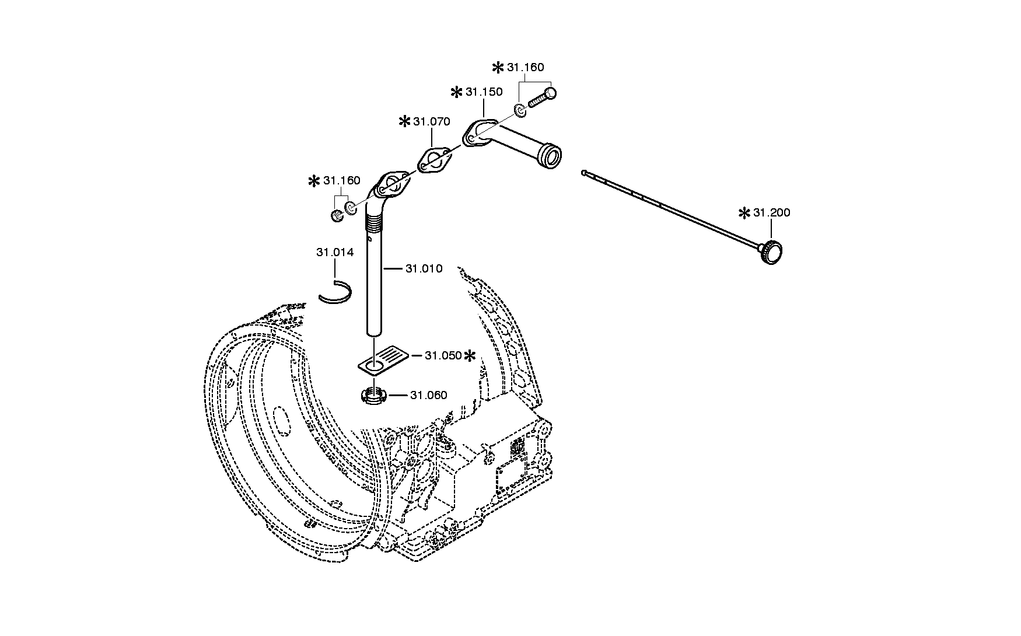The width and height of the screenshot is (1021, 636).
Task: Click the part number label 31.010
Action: click(x=424, y=269)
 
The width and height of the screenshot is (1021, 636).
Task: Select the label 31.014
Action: click(x=335, y=253)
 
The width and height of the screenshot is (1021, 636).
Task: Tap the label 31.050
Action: click(x=443, y=355)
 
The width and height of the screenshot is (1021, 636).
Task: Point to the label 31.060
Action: click(x=428, y=395)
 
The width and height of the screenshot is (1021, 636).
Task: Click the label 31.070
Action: click(x=432, y=121)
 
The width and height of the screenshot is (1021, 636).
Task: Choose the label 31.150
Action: click(x=484, y=92)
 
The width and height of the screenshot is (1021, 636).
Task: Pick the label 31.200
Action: click(x=771, y=212)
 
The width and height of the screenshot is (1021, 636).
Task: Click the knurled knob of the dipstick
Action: click(x=771, y=253)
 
